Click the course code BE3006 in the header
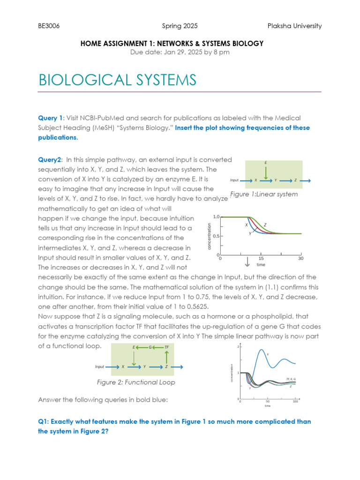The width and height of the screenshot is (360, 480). point(48,26)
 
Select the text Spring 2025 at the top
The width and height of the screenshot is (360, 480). point(180,26)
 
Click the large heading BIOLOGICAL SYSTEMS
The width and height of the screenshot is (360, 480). point(117,80)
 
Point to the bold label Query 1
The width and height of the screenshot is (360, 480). point(50,118)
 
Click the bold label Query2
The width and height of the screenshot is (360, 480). point(50,160)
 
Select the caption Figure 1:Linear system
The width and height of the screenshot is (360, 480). point(264,194)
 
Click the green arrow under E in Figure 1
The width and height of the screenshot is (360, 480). point(266,172)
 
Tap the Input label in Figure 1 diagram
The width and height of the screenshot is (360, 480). point(235,180)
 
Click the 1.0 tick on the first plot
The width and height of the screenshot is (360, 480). point(216,217)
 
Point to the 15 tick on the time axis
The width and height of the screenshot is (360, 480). point(261,258)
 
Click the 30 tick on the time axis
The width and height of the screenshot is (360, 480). point(301,258)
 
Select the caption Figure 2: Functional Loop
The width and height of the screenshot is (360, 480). point(136,382)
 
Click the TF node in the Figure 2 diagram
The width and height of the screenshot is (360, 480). point(166,347)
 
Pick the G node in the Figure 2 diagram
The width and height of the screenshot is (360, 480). point(150,347)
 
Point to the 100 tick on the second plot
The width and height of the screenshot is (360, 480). point(295,402)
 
